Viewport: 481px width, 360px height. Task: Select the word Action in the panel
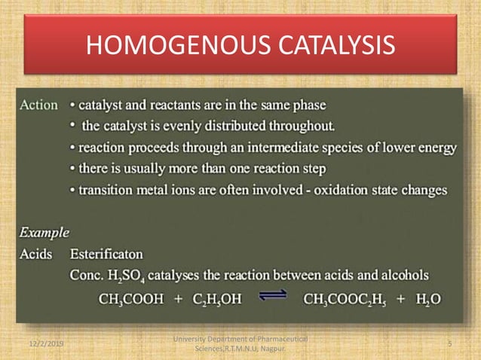(x=38, y=105)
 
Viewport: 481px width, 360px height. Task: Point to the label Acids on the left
(x=36, y=254)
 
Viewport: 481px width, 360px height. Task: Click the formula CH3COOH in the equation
(x=132, y=298)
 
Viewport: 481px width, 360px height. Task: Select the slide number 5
(x=449, y=343)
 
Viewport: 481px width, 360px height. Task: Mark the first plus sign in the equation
(x=178, y=298)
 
